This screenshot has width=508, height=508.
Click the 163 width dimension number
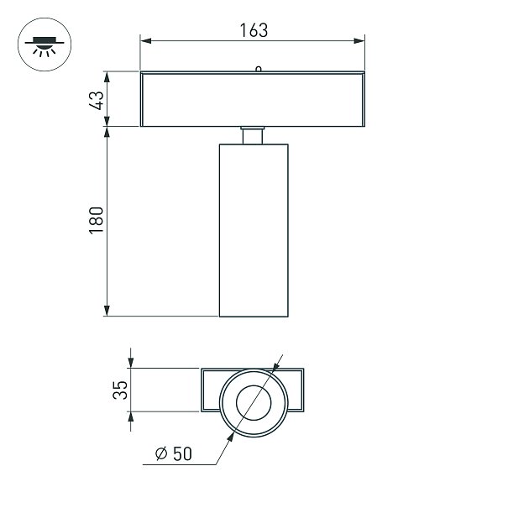coord(254,30)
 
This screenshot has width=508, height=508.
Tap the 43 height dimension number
coord(97,100)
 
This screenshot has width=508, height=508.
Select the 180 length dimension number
coord(97,220)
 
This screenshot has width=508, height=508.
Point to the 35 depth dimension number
coord(120,390)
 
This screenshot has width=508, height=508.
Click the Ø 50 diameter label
coord(174,453)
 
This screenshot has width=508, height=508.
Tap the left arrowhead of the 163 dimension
coord(146,41)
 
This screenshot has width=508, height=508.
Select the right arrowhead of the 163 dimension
coord(359,41)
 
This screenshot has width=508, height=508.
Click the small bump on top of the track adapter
coord(259,69)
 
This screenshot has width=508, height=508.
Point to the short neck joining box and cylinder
coord(253,135)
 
